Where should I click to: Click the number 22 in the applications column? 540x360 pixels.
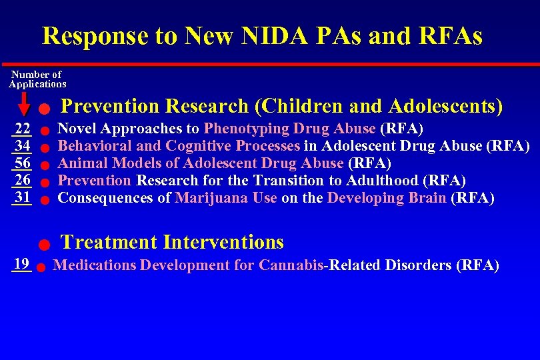coord(22,129)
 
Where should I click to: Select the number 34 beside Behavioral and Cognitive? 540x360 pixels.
coord(22,146)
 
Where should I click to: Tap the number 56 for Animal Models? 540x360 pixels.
coord(22,163)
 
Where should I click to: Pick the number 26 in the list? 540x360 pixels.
coord(22,180)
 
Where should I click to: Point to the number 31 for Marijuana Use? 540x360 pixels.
coord(22,197)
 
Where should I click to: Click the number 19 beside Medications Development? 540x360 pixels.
coord(21,263)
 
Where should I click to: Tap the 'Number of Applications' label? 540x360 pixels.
coord(37,79)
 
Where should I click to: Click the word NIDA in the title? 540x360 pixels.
coord(270,35)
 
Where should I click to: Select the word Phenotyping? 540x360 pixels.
coord(247,129)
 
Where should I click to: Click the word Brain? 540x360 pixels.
coord(425,198)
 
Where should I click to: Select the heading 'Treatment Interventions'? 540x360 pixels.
coord(172,242)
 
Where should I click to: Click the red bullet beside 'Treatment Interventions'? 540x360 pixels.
coord(41,245)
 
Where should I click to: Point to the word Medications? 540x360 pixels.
coord(94,265)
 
